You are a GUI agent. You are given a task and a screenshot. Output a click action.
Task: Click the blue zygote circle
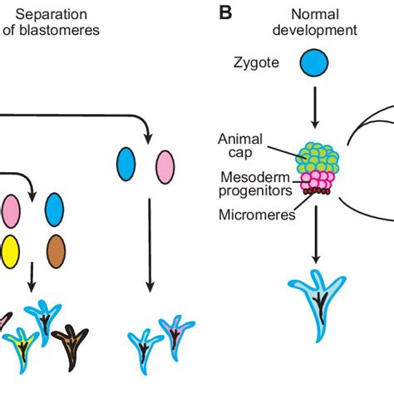coord(314,62)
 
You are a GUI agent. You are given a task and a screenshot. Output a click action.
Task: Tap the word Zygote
coord(256,63)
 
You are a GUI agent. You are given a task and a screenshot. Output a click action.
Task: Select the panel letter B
coord(225,12)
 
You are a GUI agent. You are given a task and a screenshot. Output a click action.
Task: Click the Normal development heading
coord(315,22)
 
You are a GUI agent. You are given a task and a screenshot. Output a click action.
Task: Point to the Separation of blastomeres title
coord(51,22)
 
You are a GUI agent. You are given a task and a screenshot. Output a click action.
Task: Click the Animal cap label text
coord(240,145)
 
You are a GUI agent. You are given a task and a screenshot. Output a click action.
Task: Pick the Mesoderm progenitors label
coord(255,184)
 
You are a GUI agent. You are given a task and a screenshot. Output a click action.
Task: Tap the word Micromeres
coord(257,214)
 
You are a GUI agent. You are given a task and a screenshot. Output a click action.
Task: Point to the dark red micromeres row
coord(317,191)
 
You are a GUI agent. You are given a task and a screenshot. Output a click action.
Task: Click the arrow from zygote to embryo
coord(314,107)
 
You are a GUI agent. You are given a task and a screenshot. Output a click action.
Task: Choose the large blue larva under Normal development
coord(317,305)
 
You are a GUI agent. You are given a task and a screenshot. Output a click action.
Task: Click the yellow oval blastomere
coord(10,252)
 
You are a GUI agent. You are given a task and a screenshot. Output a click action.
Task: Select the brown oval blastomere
coord(56,251)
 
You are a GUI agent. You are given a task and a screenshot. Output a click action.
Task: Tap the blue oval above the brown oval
coord(54,209)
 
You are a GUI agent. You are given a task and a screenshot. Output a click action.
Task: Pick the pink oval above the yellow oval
coord(11,211)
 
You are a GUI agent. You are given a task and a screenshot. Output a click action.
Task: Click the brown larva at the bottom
coord(70,347)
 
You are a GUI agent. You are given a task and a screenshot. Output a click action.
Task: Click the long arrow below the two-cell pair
coord(150,245)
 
